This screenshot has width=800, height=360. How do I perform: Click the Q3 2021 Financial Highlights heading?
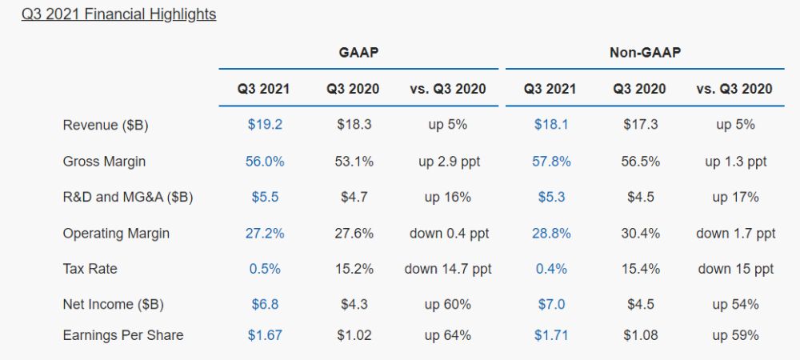(x=118, y=14)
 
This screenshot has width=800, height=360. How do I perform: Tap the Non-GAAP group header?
(x=645, y=53)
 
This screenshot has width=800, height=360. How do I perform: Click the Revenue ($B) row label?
(x=105, y=125)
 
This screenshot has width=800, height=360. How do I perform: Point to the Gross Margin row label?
(x=104, y=162)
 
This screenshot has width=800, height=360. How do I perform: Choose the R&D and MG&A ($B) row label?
(x=127, y=197)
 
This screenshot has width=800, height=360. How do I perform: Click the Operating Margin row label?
(x=116, y=234)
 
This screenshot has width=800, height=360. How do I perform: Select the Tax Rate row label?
(x=90, y=269)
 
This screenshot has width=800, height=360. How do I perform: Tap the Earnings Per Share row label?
(x=122, y=335)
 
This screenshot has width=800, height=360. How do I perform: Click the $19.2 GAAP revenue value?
(x=265, y=125)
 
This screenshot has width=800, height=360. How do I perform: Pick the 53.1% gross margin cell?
(x=354, y=162)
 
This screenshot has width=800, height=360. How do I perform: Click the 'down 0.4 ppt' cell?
(x=448, y=234)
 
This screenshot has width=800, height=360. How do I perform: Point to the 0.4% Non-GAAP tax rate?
(x=552, y=269)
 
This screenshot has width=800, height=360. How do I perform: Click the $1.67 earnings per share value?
(x=265, y=335)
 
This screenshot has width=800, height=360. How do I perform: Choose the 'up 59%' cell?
(x=735, y=335)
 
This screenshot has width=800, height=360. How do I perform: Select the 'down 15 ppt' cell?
(x=735, y=269)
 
